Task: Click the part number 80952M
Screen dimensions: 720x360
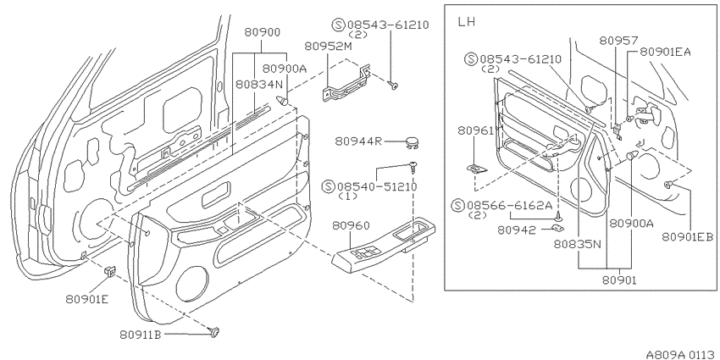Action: pyautogui.click(x=328, y=46)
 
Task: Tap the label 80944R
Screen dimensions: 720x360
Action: pyautogui.click(x=358, y=141)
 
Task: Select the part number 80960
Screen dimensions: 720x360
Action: pyautogui.click(x=351, y=225)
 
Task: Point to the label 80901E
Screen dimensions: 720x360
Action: pyautogui.click(x=87, y=299)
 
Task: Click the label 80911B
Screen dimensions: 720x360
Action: pyautogui.click(x=141, y=335)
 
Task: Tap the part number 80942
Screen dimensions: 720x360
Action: pyautogui.click(x=517, y=230)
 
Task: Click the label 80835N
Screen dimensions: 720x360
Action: pyautogui.click(x=577, y=244)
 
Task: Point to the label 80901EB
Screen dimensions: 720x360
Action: pyautogui.click(x=688, y=236)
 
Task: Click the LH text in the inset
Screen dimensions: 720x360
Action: pyautogui.click(x=467, y=22)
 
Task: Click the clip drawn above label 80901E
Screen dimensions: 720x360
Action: pyautogui.click(x=111, y=272)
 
